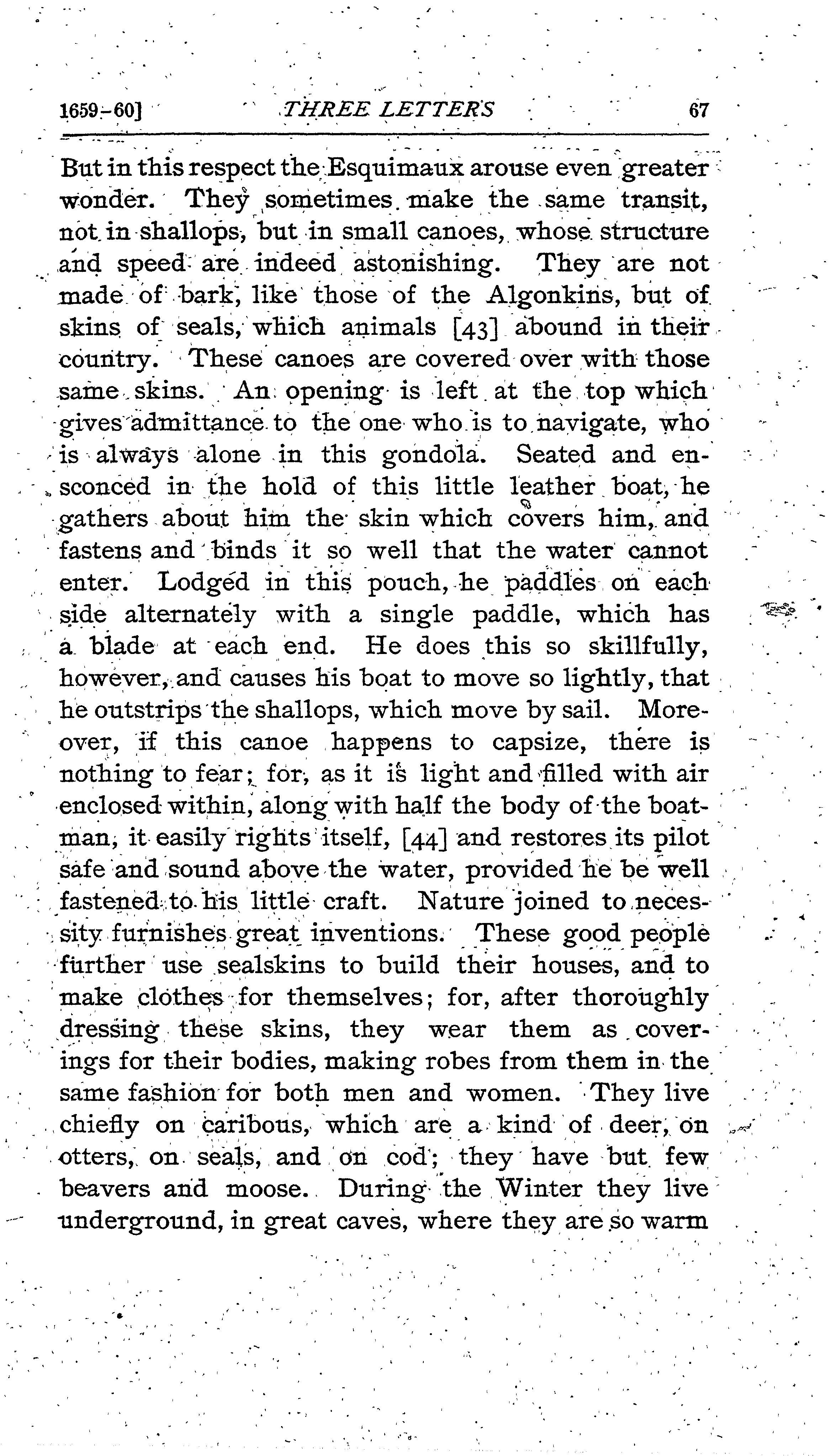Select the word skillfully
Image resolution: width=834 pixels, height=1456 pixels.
click(x=648, y=647)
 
